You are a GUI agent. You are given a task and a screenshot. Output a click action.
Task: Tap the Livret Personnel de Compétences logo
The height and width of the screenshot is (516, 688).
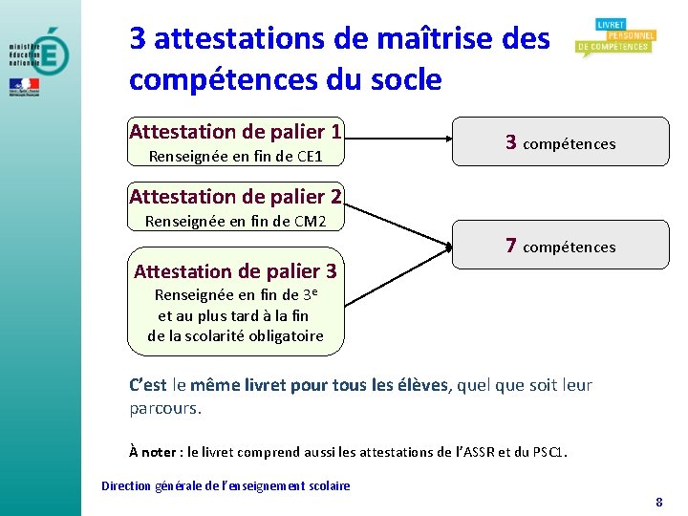[613, 38]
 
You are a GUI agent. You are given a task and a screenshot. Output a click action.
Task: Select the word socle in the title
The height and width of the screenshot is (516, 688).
[402, 80]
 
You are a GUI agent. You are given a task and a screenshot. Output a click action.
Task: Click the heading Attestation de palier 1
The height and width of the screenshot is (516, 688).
[235, 132]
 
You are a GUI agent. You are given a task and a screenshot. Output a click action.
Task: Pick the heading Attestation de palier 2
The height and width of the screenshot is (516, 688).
[235, 197]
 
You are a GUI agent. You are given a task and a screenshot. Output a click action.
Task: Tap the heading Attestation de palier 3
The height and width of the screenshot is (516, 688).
[235, 271]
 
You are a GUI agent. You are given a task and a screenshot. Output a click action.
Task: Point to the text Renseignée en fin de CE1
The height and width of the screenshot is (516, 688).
[235, 156]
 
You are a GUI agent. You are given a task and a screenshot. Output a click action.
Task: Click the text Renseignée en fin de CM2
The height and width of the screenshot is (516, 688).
[235, 222]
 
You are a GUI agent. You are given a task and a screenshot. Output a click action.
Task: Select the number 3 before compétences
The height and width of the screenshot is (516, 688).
[511, 143]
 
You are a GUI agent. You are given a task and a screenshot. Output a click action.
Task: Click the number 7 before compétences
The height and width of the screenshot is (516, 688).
[511, 247]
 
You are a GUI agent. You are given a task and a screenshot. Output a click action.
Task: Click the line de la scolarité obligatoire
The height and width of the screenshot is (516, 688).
[235, 335]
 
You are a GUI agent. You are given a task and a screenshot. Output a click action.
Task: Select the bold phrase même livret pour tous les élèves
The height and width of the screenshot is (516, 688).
[319, 385]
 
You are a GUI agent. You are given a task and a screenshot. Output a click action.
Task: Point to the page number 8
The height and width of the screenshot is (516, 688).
[659, 502]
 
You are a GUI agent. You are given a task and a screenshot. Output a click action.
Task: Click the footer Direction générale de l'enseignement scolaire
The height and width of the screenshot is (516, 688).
[226, 486]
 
